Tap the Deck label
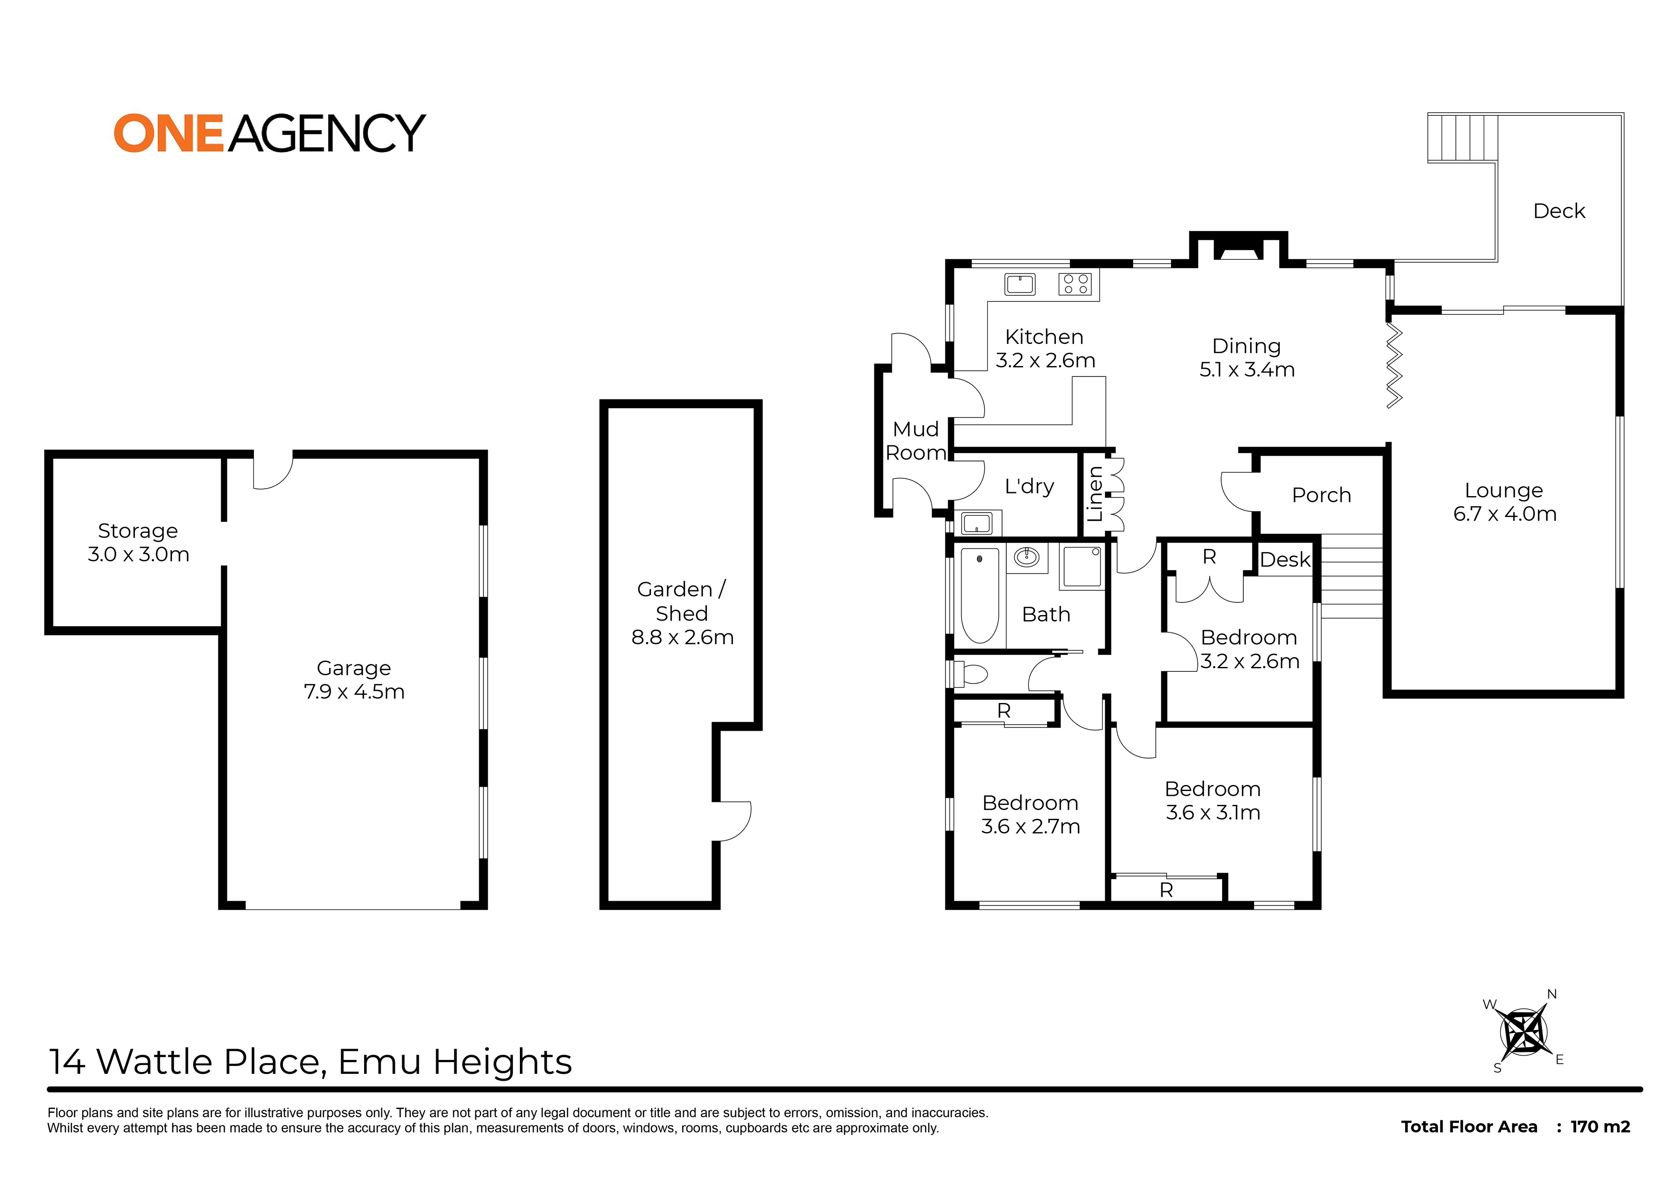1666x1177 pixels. click(x=1559, y=211)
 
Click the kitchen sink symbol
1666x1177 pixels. click(x=1020, y=284)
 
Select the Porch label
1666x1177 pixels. click(x=1321, y=495)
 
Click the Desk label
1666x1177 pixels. click(x=1285, y=560)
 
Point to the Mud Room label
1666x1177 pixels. click(x=916, y=441)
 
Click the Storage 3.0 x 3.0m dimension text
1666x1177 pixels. click(x=138, y=555)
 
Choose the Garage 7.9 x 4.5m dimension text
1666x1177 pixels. click(x=354, y=692)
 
